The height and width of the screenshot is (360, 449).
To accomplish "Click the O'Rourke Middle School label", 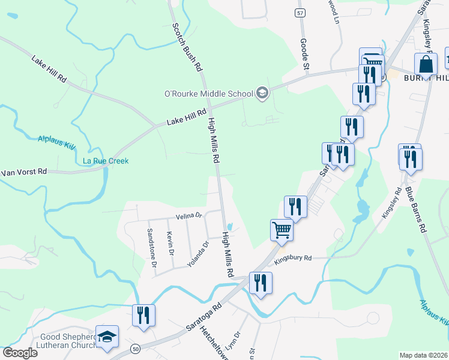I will coord(209,94).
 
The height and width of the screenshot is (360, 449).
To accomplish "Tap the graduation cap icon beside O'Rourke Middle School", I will coord(262,92).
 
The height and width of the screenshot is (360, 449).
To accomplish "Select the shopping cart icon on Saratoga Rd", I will coord(281,230).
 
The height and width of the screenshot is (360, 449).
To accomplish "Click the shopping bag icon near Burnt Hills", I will coord(425,65).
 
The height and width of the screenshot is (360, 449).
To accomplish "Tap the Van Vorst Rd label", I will coord(24,172).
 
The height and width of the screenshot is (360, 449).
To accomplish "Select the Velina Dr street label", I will coord(189,215).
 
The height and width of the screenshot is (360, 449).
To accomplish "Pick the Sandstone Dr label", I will coord(152,247).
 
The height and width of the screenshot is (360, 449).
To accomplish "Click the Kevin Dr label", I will coord(170,244).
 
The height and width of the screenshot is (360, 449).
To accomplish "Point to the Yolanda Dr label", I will coord(197,254).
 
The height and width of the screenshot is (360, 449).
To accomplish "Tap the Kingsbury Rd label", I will coord(293,259).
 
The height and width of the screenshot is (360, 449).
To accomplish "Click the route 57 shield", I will coord(300,13).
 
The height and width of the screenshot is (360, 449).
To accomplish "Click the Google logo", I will coord(20,353).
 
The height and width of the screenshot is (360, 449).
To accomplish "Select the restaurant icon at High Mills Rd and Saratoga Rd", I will coord(261,283).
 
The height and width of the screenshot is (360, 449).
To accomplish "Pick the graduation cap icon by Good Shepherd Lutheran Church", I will coord(107,337).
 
